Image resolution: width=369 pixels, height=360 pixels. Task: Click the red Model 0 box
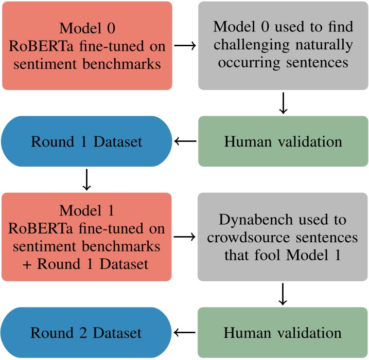tap(87, 45)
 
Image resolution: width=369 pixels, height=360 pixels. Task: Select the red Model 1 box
tap(87, 237)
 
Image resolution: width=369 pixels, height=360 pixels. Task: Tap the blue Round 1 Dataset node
tap(87, 141)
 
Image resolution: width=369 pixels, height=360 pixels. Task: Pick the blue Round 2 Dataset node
tap(87, 333)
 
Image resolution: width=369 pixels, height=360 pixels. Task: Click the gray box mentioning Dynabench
tap(283, 237)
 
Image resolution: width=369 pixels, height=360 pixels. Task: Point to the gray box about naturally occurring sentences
tap(283, 45)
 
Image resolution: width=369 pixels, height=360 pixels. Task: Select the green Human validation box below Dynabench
tap(283, 333)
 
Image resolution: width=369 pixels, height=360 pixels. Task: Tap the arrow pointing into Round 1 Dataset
tap(185, 141)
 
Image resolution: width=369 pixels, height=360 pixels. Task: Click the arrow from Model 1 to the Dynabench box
tap(185, 237)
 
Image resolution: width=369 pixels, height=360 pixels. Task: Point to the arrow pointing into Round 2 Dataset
tap(185, 333)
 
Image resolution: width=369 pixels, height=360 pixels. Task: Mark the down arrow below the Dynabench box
tap(283, 294)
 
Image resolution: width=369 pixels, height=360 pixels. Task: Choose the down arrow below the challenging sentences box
tap(283, 103)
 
